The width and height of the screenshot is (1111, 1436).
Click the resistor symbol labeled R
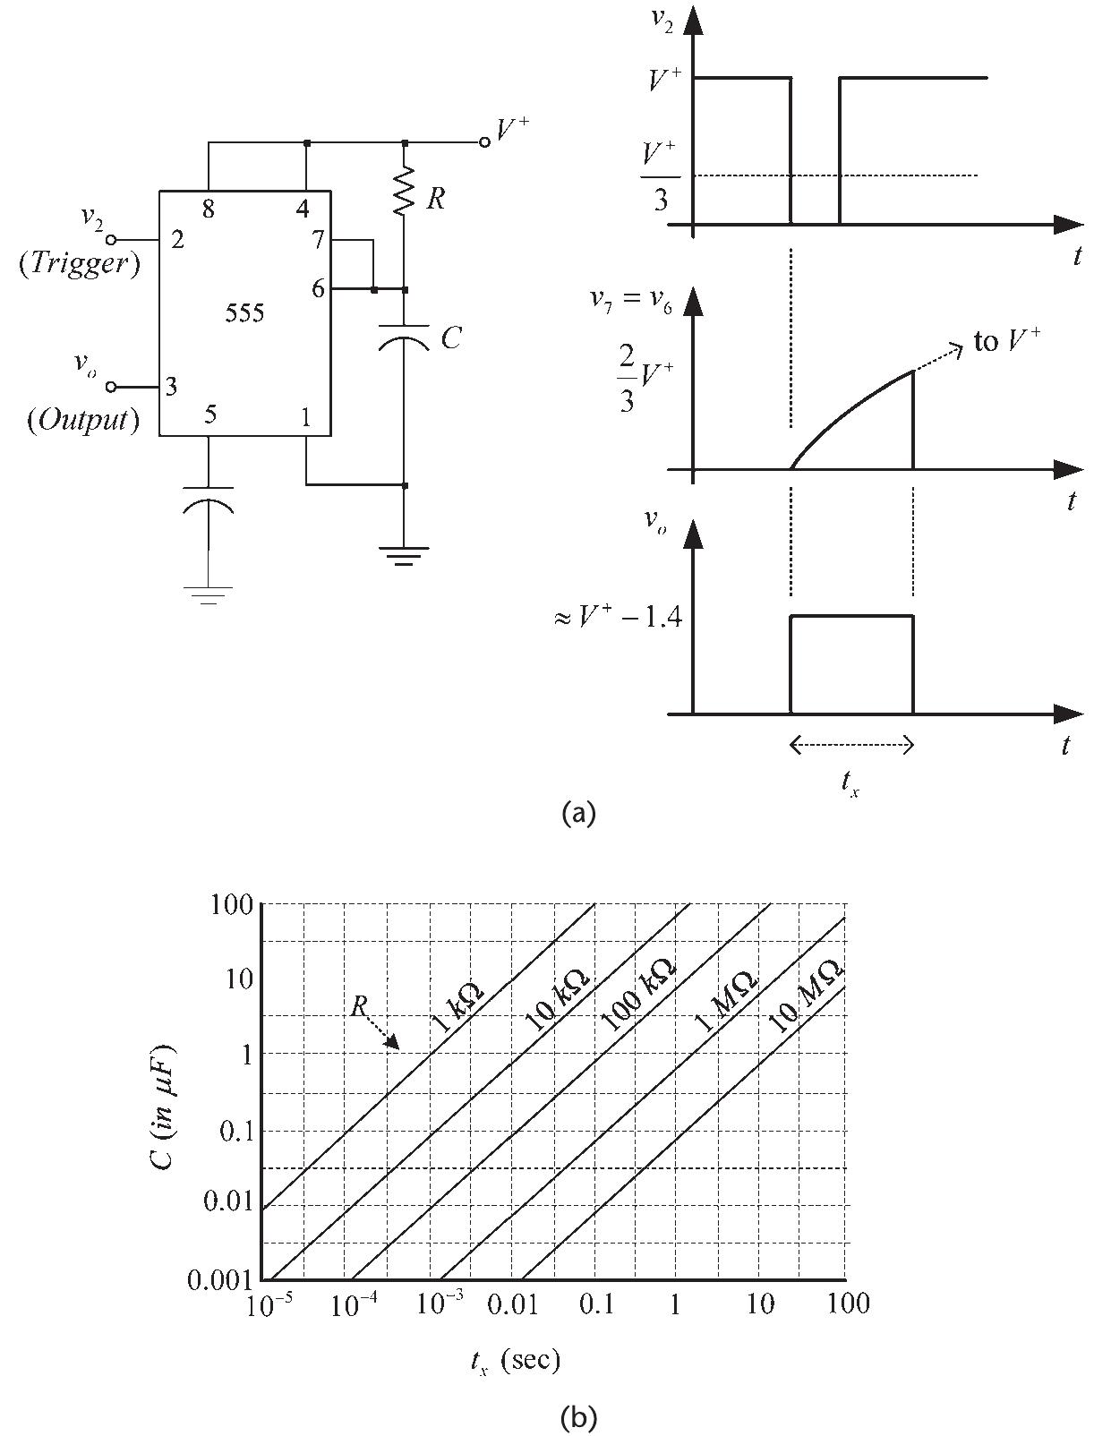coord(405,191)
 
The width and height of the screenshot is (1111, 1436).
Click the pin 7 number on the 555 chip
coord(318,240)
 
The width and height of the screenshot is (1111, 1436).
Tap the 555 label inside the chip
coord(244,313)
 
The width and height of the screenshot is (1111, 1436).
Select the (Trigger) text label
coord(80,263)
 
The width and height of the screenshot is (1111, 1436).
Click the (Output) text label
coord(83,419)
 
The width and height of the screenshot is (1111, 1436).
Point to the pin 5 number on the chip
coord(209,414)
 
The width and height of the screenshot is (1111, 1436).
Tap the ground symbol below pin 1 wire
coord(405,556)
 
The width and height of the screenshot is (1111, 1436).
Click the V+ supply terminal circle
coord(484,142)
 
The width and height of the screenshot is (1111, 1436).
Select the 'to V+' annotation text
coord(1006,341)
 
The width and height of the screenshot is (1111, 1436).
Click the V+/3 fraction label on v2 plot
coord(660,176)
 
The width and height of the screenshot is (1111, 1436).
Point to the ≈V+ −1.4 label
coord(618,618)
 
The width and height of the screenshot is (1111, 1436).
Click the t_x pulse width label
coord(850,782)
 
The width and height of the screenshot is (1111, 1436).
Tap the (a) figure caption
coord(577,812)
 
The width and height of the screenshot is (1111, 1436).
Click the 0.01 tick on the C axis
coord(228,1201)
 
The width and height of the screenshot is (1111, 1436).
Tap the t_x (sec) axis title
coord(515,1362)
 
